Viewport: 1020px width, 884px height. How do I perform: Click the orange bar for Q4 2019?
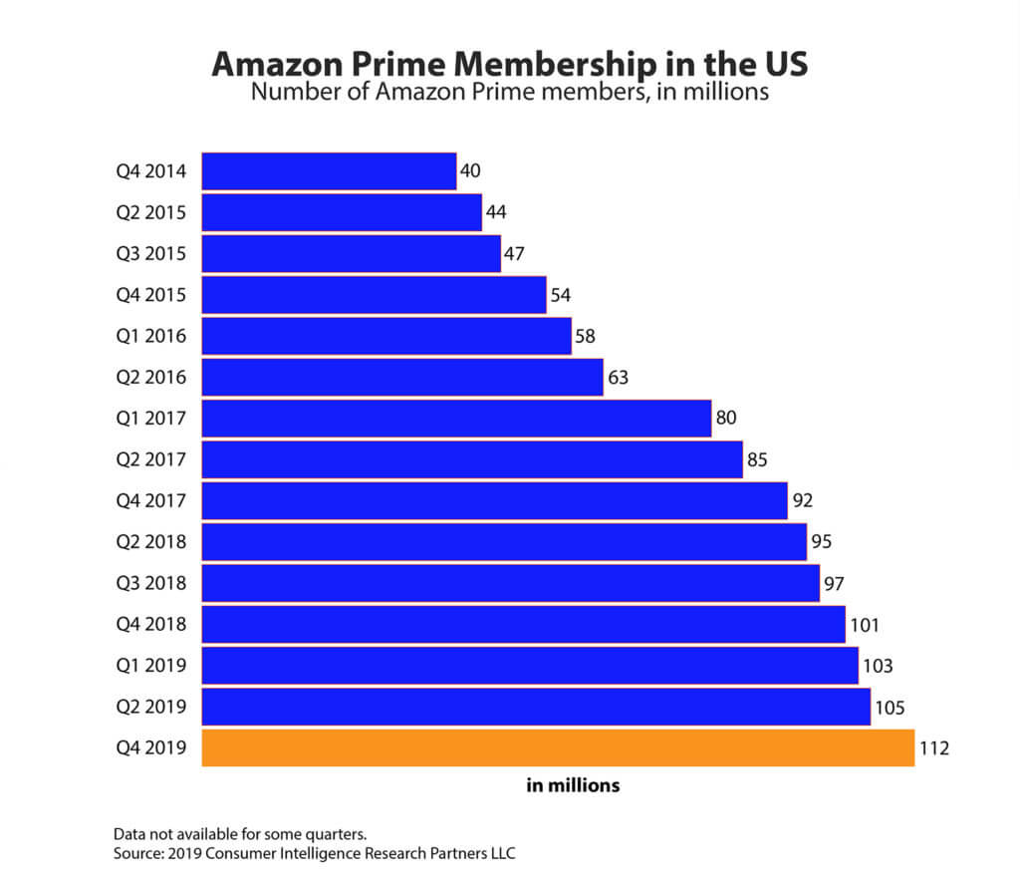click(558, 747)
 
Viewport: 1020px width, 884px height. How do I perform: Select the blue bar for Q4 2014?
click(329, 170)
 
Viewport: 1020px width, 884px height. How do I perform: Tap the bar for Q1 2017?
click(456, 418)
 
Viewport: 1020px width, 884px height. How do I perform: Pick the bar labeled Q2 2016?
click(402, 377)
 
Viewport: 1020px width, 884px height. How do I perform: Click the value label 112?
click(935, 747)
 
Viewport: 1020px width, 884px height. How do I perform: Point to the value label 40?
click(470, 170)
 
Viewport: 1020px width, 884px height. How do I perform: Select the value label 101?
click(864, 625)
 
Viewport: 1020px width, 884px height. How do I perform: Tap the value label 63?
click(618, 377)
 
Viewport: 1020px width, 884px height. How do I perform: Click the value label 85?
click(757, 459)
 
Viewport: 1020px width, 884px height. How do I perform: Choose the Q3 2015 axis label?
click(150, 253)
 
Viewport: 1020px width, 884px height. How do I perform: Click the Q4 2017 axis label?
click(150, 500)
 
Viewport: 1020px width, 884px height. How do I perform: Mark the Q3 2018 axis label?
click(150, 583)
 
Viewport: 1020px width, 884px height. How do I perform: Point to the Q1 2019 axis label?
click(150, 666)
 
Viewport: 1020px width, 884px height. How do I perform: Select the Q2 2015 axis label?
click(150, 212)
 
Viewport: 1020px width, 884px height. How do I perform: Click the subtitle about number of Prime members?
click(509, 93)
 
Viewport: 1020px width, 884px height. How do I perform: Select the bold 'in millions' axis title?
click(573, 785)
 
